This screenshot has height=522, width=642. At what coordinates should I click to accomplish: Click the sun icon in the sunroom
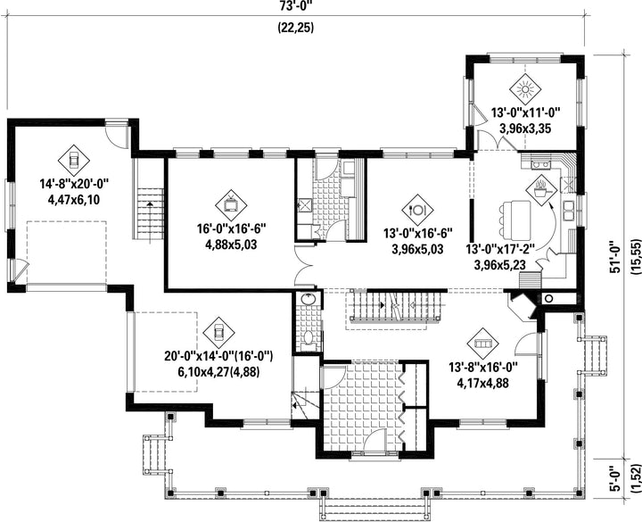coord(525,88)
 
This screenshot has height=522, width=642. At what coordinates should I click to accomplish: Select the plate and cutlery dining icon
coord(417,210)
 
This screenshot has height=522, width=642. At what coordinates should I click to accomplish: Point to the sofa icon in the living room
coord(483,344)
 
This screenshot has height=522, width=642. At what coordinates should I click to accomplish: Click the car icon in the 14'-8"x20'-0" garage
coord(74,161)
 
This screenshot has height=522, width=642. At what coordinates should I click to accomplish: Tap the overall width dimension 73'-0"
coord(296,5)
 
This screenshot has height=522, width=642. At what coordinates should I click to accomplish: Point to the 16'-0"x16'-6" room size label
coord(232,228)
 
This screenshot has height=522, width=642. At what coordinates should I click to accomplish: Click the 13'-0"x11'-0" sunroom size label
coord(525,112)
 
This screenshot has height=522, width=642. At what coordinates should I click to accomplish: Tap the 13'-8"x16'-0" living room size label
coord(483,367)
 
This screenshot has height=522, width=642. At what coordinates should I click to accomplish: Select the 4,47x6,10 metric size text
coord(74,200)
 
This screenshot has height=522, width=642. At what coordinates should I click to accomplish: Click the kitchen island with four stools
coord(515,220)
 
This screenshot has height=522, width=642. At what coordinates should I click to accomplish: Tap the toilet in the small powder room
coord(308,338)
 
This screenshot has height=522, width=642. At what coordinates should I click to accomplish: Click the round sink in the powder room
coord(308,300)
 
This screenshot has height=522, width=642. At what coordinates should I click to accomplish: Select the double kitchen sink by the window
coord(568,211)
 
